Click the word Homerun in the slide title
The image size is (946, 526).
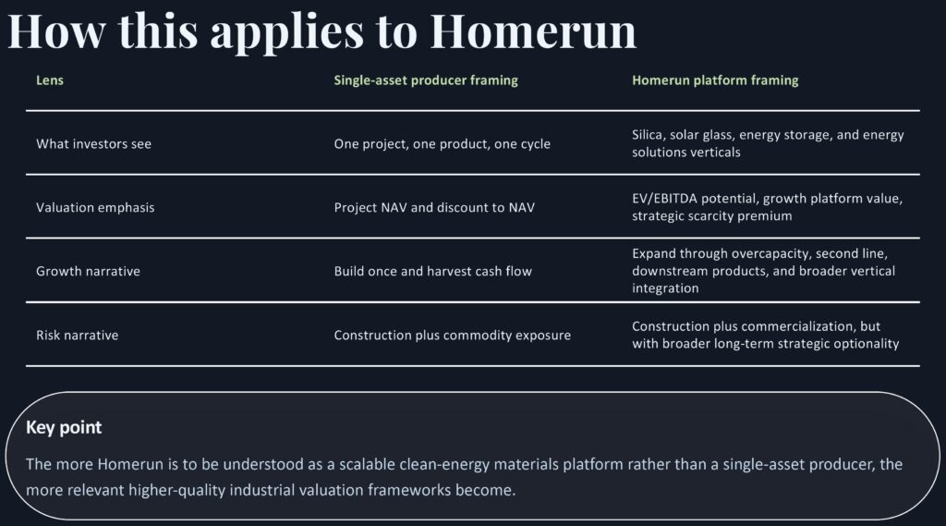533,31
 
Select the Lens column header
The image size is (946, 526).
50,80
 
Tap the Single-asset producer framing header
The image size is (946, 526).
426,80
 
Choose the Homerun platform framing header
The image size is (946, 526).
715,80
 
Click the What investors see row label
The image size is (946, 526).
93,143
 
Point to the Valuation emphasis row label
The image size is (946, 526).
95,208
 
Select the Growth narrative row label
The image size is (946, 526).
88,271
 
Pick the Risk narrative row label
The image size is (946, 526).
78,336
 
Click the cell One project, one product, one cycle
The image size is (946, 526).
443,144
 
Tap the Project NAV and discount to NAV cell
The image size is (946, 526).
434,208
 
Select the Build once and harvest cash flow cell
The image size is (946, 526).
433,271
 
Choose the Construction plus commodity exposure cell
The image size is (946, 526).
453,336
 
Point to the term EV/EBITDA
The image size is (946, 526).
664,199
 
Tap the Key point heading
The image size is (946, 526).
64,428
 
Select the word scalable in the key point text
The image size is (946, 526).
367,464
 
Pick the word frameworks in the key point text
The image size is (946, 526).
409,490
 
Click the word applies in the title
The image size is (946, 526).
287,31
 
